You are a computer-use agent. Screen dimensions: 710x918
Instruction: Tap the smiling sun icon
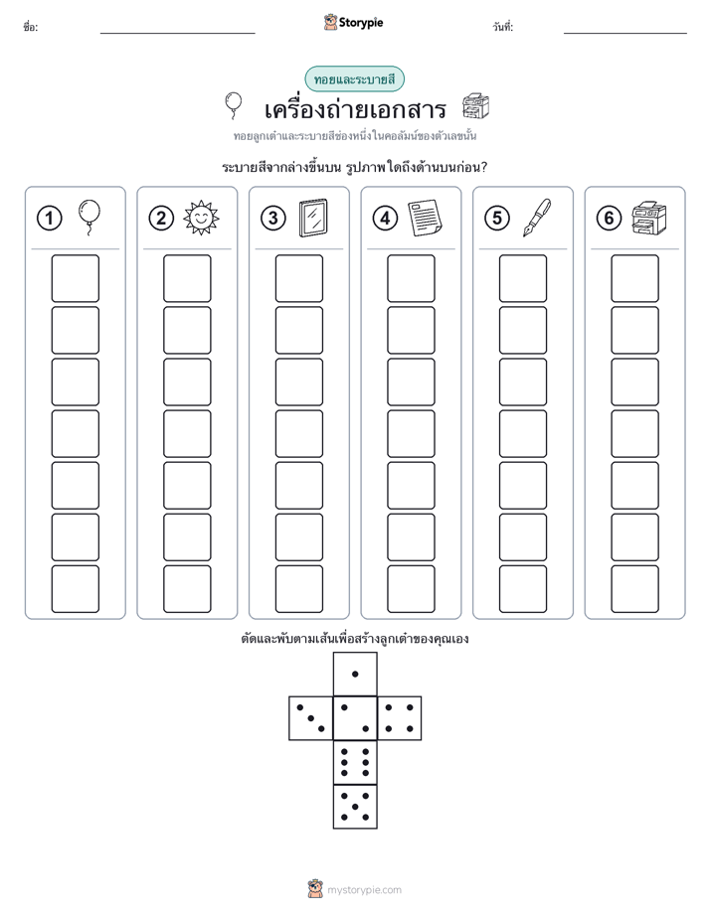coord(201,218)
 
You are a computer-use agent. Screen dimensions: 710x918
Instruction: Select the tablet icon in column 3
coord(313,218)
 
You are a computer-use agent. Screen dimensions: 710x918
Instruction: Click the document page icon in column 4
coord(425,218)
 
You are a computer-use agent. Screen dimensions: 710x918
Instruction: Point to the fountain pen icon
coord(537,218)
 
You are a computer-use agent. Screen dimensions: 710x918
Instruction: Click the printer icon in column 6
coord(649,218)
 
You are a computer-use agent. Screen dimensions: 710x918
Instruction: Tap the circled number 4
coord(385,219)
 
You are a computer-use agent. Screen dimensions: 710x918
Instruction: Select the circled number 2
coord(161,219)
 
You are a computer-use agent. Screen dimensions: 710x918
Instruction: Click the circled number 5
coord(497,219)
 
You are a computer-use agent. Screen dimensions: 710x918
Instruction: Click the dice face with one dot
coord(355,674)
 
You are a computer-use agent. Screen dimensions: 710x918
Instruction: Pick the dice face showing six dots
coord(355,762)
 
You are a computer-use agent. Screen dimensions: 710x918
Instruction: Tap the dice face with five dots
coord(355,807)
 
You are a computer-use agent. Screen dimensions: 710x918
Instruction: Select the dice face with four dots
coord(400,718)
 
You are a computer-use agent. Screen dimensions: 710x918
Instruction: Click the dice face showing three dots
coord(310,718)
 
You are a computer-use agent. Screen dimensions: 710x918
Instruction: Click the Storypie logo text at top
coord(361,23)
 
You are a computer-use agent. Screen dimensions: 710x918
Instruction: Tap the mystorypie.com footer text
coord(364,890)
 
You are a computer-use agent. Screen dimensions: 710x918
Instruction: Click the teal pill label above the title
coord(354,79)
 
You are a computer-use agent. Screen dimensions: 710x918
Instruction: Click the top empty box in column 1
coord(75,278)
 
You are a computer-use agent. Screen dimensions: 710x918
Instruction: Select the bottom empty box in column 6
coord(635,589)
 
